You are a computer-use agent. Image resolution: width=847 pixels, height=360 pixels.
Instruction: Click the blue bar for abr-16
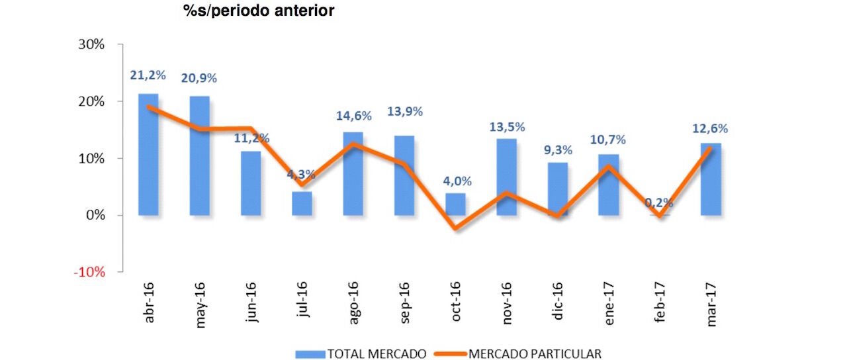148,159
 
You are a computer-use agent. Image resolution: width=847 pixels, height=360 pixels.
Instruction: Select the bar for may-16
199,159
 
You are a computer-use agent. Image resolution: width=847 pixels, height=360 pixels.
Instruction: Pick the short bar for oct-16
455,204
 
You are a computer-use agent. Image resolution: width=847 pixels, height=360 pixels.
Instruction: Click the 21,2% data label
147,75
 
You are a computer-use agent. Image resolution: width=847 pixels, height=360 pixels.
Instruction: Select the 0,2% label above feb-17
660,202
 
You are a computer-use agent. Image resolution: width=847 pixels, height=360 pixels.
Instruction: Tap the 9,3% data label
557,150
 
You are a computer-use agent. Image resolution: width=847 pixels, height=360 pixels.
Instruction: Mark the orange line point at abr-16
148,107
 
